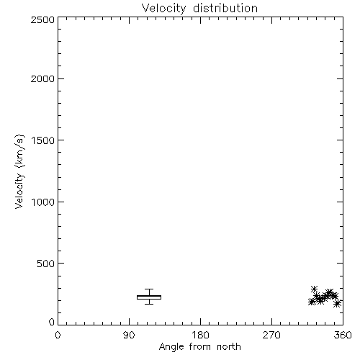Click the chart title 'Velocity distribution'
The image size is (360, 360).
199,8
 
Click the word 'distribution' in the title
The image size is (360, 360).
225,8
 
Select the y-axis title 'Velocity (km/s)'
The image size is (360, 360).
19,171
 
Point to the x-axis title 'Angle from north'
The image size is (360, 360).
199,347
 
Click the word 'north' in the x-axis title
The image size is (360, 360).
229,347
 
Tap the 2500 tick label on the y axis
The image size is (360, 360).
42,19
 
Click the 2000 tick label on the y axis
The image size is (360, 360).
42,78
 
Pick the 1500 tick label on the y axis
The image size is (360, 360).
43,140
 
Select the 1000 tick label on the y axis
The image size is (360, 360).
43,202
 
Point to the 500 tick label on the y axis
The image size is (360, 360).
46,264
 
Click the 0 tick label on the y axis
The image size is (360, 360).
52,322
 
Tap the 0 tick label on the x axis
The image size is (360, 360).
58,335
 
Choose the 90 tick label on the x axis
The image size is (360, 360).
129,335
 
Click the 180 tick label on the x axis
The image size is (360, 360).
200,335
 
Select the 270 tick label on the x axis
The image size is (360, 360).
271,335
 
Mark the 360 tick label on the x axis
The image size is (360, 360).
343,335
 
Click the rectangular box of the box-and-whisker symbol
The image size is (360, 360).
149,297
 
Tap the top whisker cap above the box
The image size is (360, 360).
149,289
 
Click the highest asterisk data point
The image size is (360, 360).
314,289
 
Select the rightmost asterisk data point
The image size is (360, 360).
338,304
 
